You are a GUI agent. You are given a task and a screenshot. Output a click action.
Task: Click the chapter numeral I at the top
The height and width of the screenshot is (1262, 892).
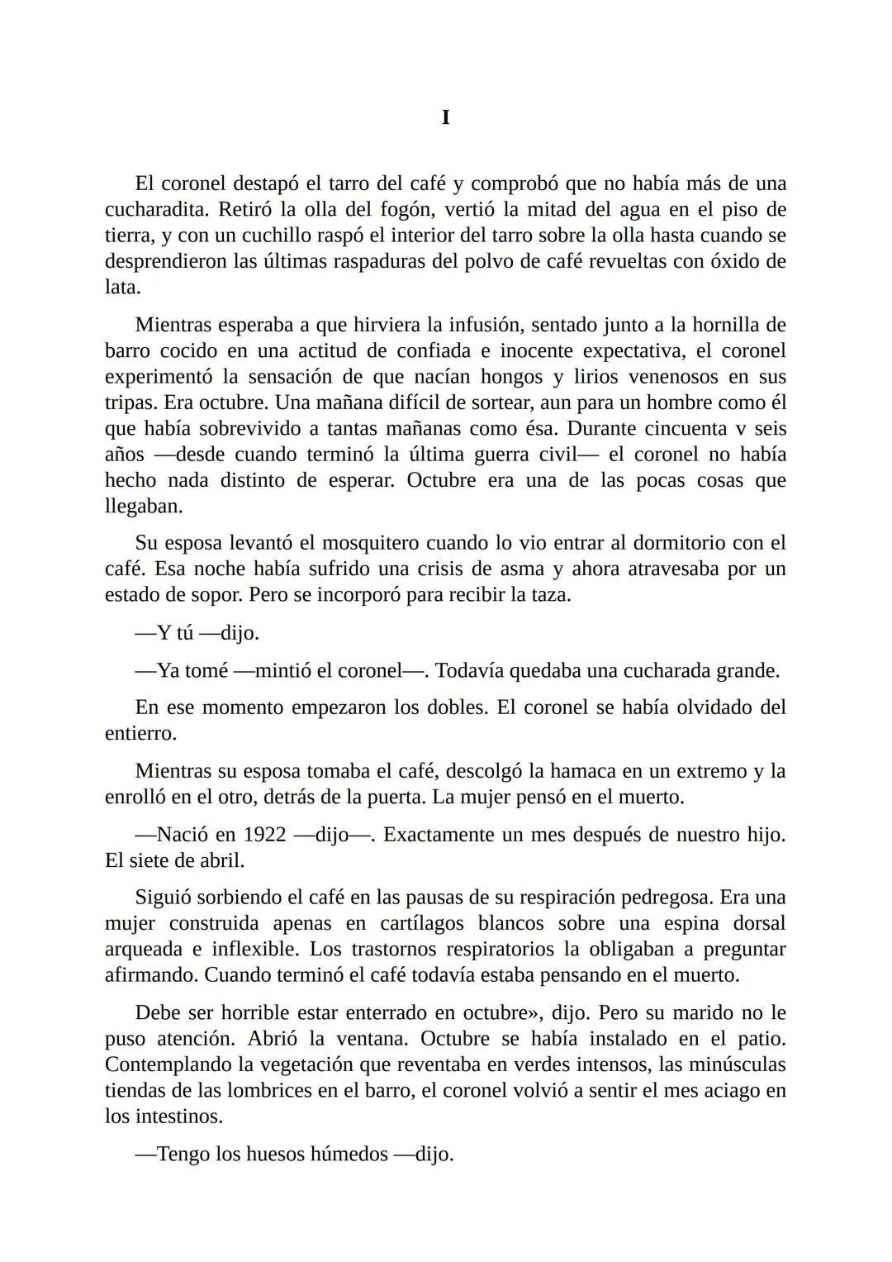446,118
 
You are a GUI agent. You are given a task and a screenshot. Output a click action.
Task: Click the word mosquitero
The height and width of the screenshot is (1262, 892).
371,543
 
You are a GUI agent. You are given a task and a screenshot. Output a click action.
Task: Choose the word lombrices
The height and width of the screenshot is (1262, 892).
268,1091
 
